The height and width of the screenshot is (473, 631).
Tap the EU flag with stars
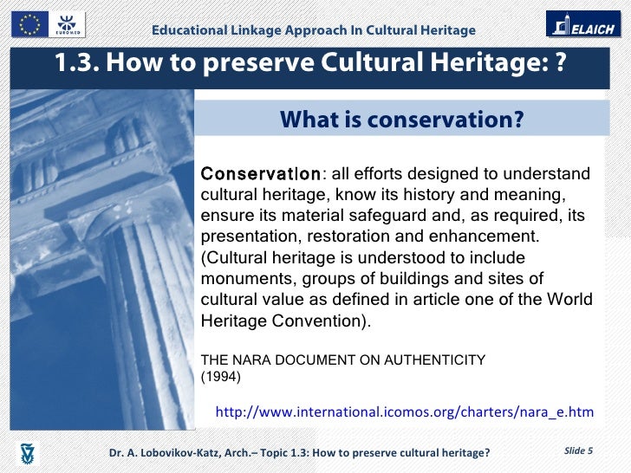coord(28,25)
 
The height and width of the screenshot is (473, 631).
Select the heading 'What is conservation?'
coord(401,120)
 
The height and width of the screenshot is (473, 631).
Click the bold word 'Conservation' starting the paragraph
coord(260,173)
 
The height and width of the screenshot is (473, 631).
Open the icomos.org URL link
coord(404,411)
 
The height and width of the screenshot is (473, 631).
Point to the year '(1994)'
coord(220,377)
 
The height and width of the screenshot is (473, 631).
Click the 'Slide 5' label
coord(578,450)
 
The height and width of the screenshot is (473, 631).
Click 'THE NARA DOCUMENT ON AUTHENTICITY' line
coord(343,360)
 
